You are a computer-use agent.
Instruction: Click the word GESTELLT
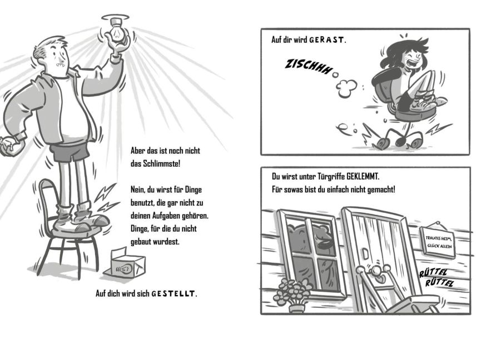[x=174, y=293]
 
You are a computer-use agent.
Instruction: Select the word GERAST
[x=327, y=40]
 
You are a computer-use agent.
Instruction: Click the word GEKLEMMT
[x=362, y=177]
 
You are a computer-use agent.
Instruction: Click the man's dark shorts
[x=70, y=152]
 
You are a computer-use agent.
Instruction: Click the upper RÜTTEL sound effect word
[x=434, y=272]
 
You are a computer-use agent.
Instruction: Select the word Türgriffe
[x=331, y=177]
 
